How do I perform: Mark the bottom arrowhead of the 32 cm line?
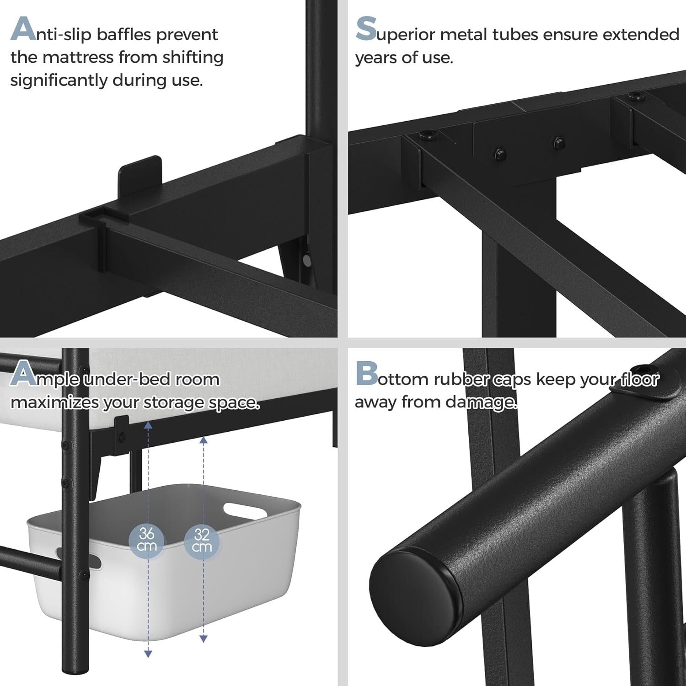[204, 638]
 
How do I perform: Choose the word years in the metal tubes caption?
[376, 58]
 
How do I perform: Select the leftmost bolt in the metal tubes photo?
[427, 134]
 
